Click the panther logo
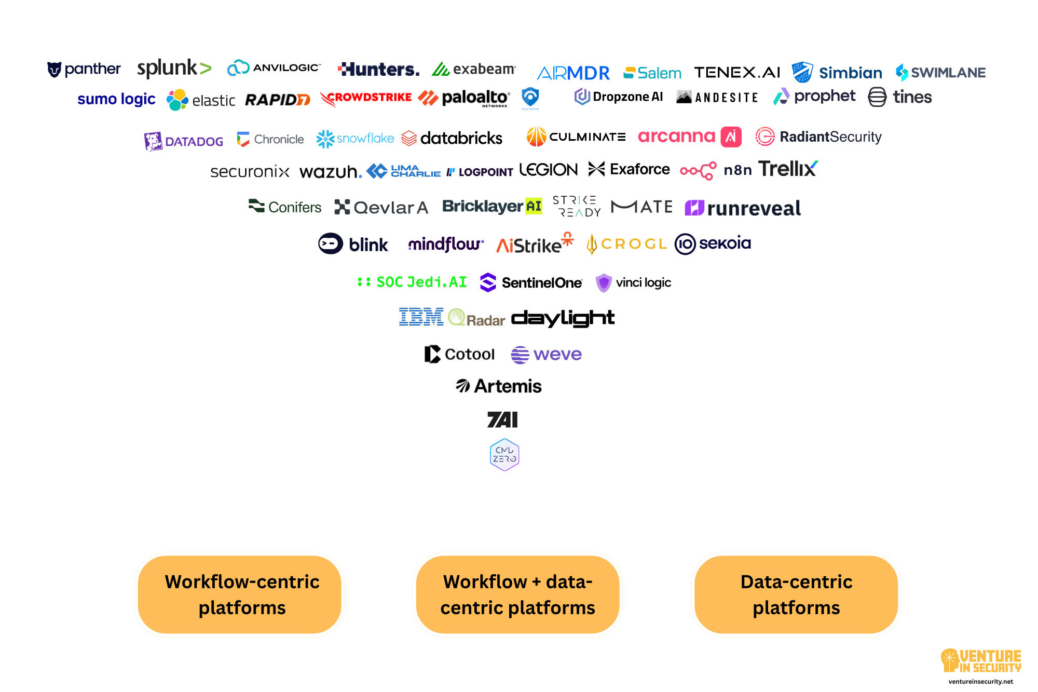(x=84, y=69)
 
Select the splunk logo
(x=174, y=68)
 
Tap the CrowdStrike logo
(x=366, y=98)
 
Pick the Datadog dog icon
(x=153, y=141)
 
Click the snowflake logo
(x=355, y=139)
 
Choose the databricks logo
(x=452, y=138)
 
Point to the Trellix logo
(x=787, y=169)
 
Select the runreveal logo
(x=743, y=208)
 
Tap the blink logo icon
(x=331, y=243)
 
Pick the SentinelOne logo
(x=531, y=282)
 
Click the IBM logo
(x=421, y=317)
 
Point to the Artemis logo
(x=499, y=386)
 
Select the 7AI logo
(x=502, y=419)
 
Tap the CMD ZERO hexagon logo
(x=504, y=455)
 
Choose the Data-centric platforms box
(x=796, y=594)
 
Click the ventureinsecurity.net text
(x=980, y=682)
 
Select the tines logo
(x=900, y=97)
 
